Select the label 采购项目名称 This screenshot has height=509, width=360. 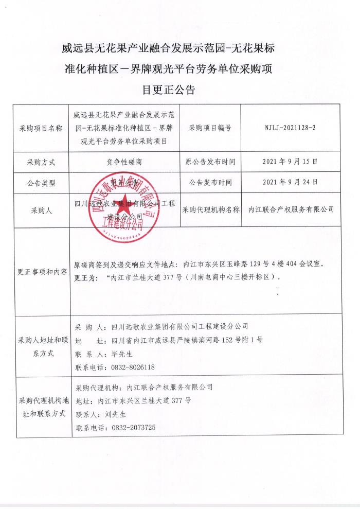click(x=41, y=128)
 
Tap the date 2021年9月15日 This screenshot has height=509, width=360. click(x=290, y=161)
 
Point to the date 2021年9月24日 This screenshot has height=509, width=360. click(x=290, y=182)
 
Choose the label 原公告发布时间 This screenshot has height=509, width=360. click(x=210, y=162)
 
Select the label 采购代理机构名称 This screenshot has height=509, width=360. click(x=210, y=209)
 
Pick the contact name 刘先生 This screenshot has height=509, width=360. click(x=112, y=414)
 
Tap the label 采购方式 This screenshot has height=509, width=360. click(x=41, y=162)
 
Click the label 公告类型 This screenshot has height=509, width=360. click(x=41, y=182)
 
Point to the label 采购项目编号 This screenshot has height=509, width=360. click(x=210, y=128)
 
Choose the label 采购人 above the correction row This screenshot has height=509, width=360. click(x=41, y=210)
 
